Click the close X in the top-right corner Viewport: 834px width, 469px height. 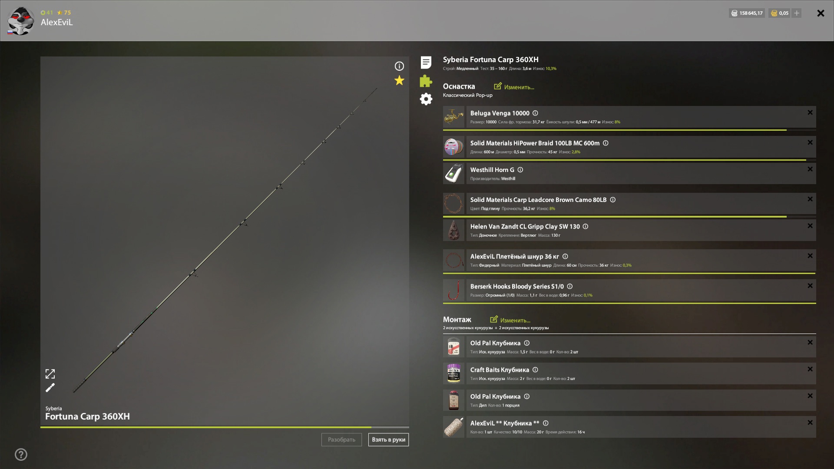click(821, 13)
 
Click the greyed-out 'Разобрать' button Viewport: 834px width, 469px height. click(341, 439)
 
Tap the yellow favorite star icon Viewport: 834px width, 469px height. click(399, 80)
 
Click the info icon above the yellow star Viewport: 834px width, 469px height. click(399, 66)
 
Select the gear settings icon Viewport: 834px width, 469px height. click(426, 99)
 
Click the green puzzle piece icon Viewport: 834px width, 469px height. click(426, 81)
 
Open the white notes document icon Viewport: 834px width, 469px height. click(426, 63)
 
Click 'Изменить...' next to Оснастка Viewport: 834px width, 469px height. click(514, 87)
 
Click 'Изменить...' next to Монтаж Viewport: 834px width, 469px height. click(510, 320)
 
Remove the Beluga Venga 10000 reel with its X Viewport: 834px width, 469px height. click(810, 112)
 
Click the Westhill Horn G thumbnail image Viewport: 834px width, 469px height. click(453, 174)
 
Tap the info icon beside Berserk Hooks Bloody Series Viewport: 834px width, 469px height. click(570, 286)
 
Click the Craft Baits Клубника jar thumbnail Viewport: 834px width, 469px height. click(453, 373)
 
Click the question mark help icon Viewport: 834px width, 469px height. click(21, 454)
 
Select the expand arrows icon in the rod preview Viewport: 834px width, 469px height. click(50, 373)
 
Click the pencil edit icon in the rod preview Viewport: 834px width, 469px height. click(50, 387)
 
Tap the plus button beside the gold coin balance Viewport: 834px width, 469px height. click(797, 13)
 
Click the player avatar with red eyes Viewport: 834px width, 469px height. click(20, 21)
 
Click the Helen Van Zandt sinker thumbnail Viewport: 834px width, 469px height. click(453, 230)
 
